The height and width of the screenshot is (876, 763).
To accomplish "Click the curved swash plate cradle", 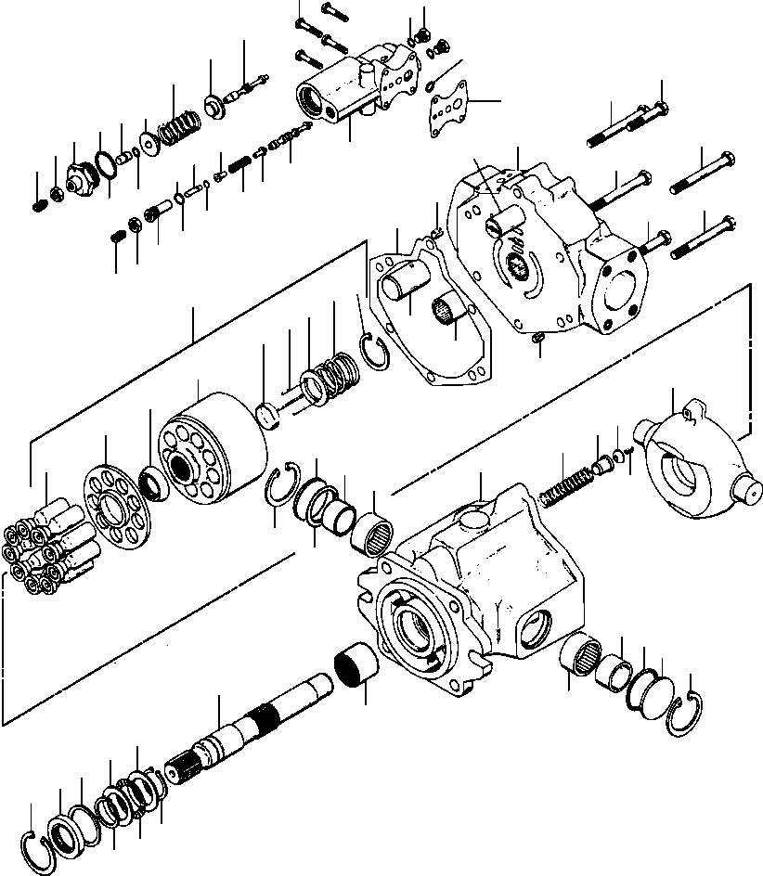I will coord(691,459).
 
